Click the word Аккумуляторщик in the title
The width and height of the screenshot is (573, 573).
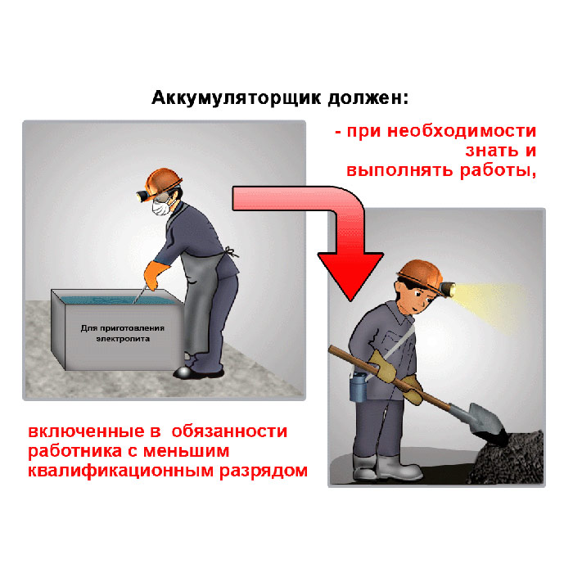click(237, 98)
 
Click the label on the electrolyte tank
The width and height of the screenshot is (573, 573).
click(123, 333)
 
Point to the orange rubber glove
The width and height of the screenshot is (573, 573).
click(155, 275)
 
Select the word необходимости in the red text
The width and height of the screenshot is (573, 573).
click(462, 131)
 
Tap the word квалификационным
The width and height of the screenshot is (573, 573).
click(121, 471)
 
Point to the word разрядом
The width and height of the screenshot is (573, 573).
click(264, 471)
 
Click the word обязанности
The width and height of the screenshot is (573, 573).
click(229, 432)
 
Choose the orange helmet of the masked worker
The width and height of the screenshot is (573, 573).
click(164, 180)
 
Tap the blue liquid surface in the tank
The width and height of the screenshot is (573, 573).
click(120, 300)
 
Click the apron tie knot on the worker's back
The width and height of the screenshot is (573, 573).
click(231, 252)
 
